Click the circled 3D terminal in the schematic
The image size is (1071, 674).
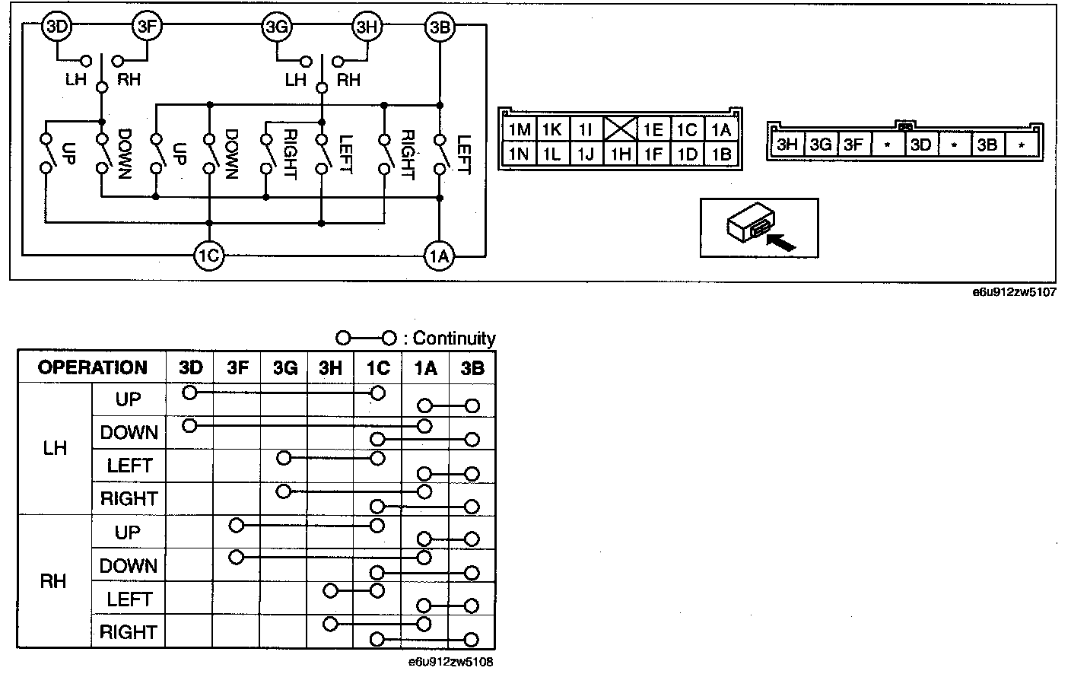coord(58,27)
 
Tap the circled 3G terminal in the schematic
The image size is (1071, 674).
coord(275,27)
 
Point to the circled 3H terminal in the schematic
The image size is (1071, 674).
coord(367,27)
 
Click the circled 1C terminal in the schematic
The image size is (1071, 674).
coord(208,256)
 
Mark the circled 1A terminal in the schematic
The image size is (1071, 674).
coord(439,256)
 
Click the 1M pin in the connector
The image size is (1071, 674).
coord(519,129)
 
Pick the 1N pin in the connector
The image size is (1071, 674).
coord(519,154)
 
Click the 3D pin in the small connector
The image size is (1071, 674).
coord(920,144)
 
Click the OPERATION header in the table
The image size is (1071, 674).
coord(92,367)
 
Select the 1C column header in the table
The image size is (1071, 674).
coord(377,367)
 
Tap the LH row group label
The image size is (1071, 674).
coord(55,448)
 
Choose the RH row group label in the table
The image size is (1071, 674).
coord(53,582)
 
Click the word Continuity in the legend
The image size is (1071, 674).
coord(453,339)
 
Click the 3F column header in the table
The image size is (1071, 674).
coord(237,367)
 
